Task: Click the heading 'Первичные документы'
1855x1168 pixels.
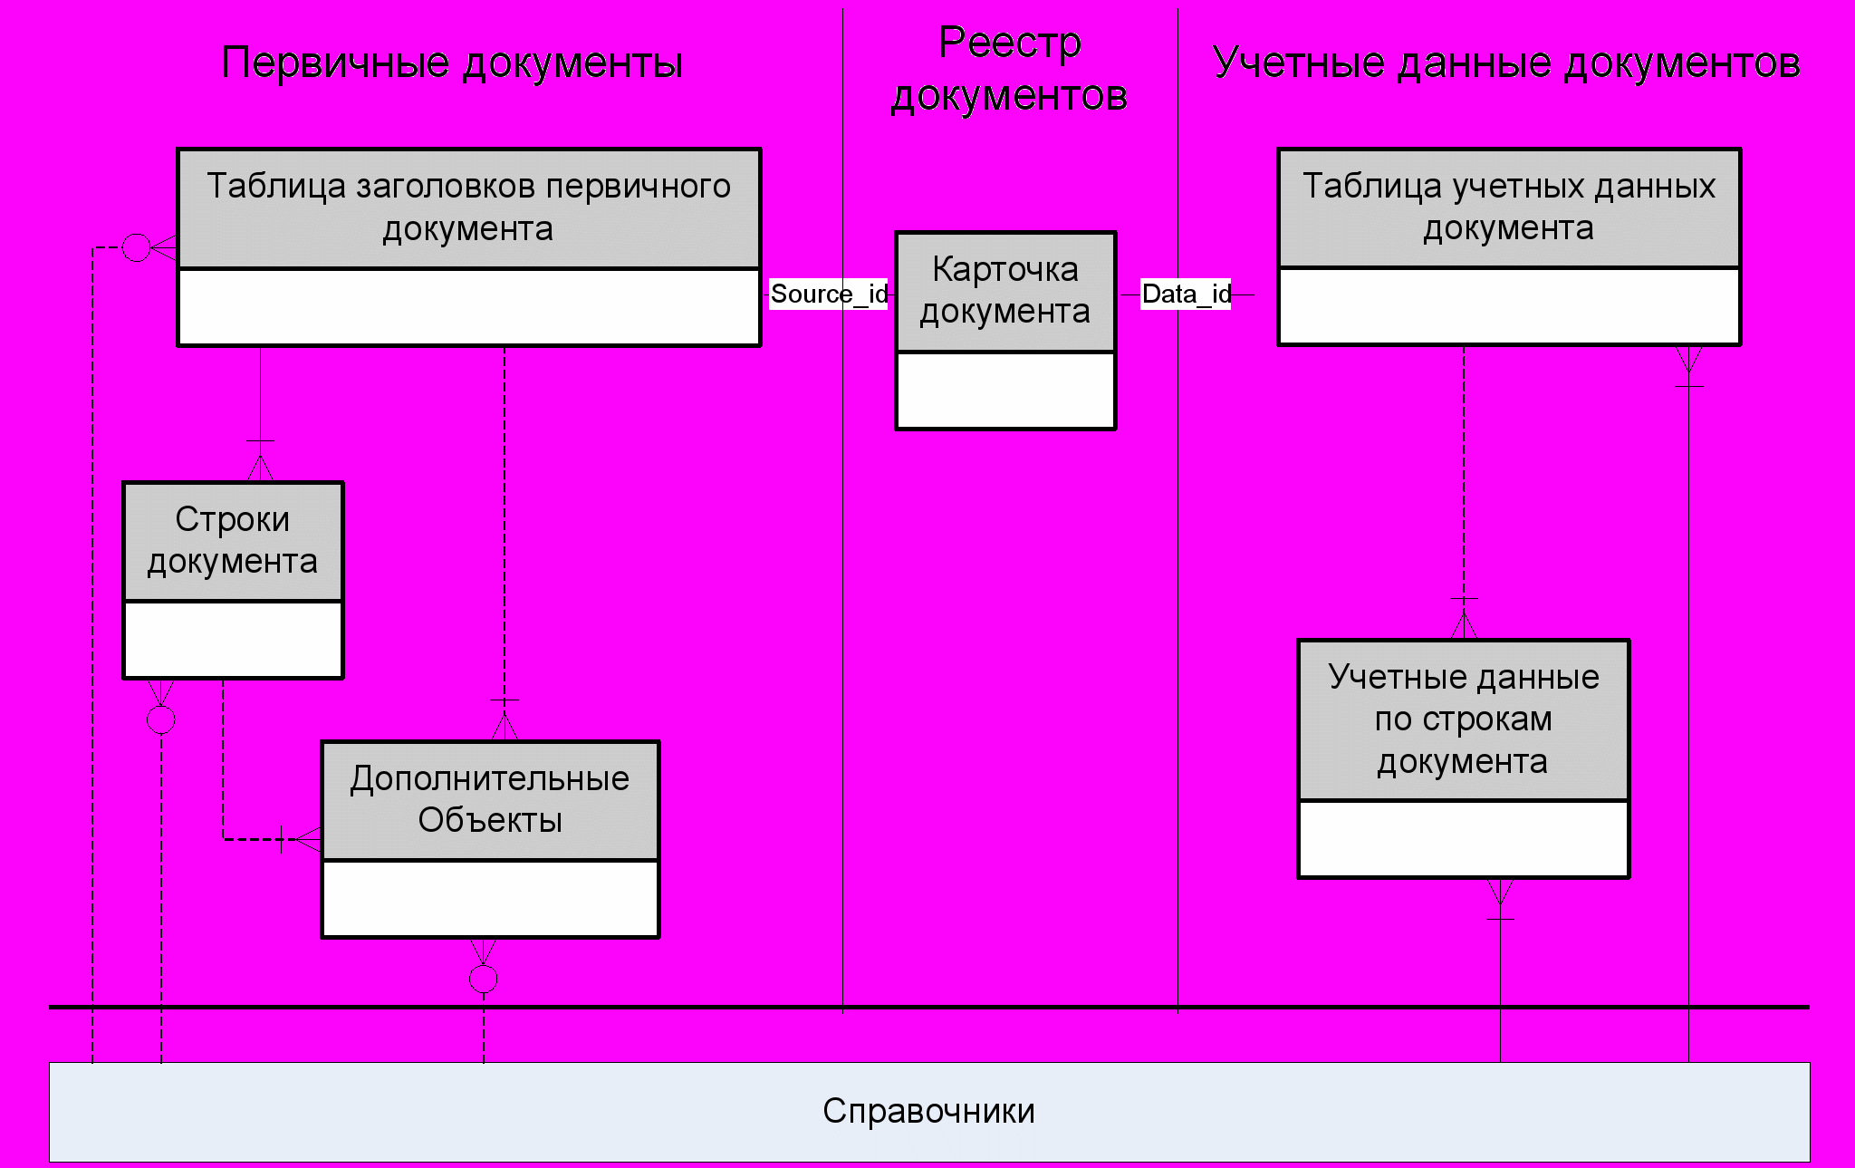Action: [x=452, y=63]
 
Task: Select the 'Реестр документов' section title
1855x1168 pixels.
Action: [x=1009, y=69]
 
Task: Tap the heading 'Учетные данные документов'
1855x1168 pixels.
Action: [x=1505, y=63]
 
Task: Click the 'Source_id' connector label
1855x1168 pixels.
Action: [x=828, y=294]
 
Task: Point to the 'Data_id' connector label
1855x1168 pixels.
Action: [x=1186, y=294]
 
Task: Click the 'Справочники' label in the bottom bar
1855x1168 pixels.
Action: [x=928, y=1111]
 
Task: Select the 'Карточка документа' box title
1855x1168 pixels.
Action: [x=1005, y=290]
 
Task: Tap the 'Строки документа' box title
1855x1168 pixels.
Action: [x=233, y=541]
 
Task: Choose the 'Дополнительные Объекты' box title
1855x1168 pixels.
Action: [x=490, y=799]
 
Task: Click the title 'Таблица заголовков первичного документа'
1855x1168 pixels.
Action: [x=468, y=208]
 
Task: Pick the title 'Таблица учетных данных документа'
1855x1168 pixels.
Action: [x=1508, y=208]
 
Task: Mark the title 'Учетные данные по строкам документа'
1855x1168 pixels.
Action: [x=1463, y=719]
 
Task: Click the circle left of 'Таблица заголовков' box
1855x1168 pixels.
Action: [x=136, y=246]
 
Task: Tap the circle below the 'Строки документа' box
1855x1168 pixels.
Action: [x=161, y=720]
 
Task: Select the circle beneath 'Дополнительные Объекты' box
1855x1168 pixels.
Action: [x=484, y=979]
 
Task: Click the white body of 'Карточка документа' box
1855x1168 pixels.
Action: [x=1005, y=390]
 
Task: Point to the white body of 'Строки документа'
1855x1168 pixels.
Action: [x=233, y=639]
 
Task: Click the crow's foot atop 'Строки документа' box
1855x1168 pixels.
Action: [x=260, y=466]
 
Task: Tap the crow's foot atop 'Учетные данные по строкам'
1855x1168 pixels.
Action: [x=1464, y=624]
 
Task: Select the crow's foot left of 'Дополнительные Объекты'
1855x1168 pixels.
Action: [x=304, y=839]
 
